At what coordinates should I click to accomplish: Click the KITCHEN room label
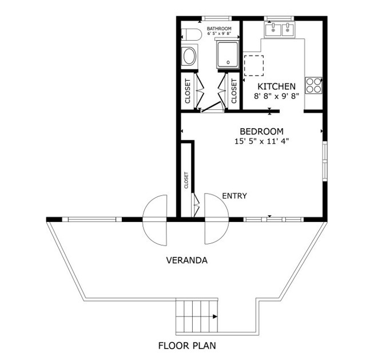coord(276,86)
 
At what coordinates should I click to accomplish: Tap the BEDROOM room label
coord(261,130)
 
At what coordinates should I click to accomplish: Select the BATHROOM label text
coord(219,29)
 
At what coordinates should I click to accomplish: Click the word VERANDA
coord(186,260)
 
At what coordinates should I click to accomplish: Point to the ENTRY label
coord(234,196)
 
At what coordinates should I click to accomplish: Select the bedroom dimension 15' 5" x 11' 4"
coord(261,141)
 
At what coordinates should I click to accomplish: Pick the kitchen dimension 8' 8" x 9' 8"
coord(276,97)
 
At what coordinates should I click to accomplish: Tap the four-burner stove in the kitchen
coord(313,85)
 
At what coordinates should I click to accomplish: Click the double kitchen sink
coord(279,29)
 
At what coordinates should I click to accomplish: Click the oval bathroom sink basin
coord(189,56)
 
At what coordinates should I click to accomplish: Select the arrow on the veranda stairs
coord(214,316)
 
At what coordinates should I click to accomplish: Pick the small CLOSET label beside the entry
coord(186,180)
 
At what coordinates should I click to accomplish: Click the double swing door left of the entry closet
coord(156,218)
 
